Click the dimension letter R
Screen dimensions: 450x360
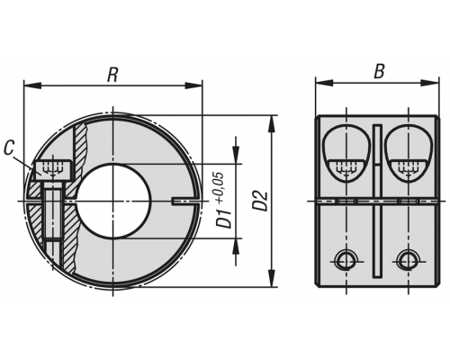(112, 75)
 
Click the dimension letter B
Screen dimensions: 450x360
(379, 71)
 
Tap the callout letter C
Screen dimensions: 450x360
(10, 148)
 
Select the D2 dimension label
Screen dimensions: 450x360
(261, 201)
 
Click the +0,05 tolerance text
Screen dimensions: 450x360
(220, 188)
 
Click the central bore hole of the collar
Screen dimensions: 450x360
(113, 202)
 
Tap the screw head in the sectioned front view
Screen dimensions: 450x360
(54, 171)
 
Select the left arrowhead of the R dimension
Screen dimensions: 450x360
(32, 85)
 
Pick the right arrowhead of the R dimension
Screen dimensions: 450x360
(193, 85)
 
